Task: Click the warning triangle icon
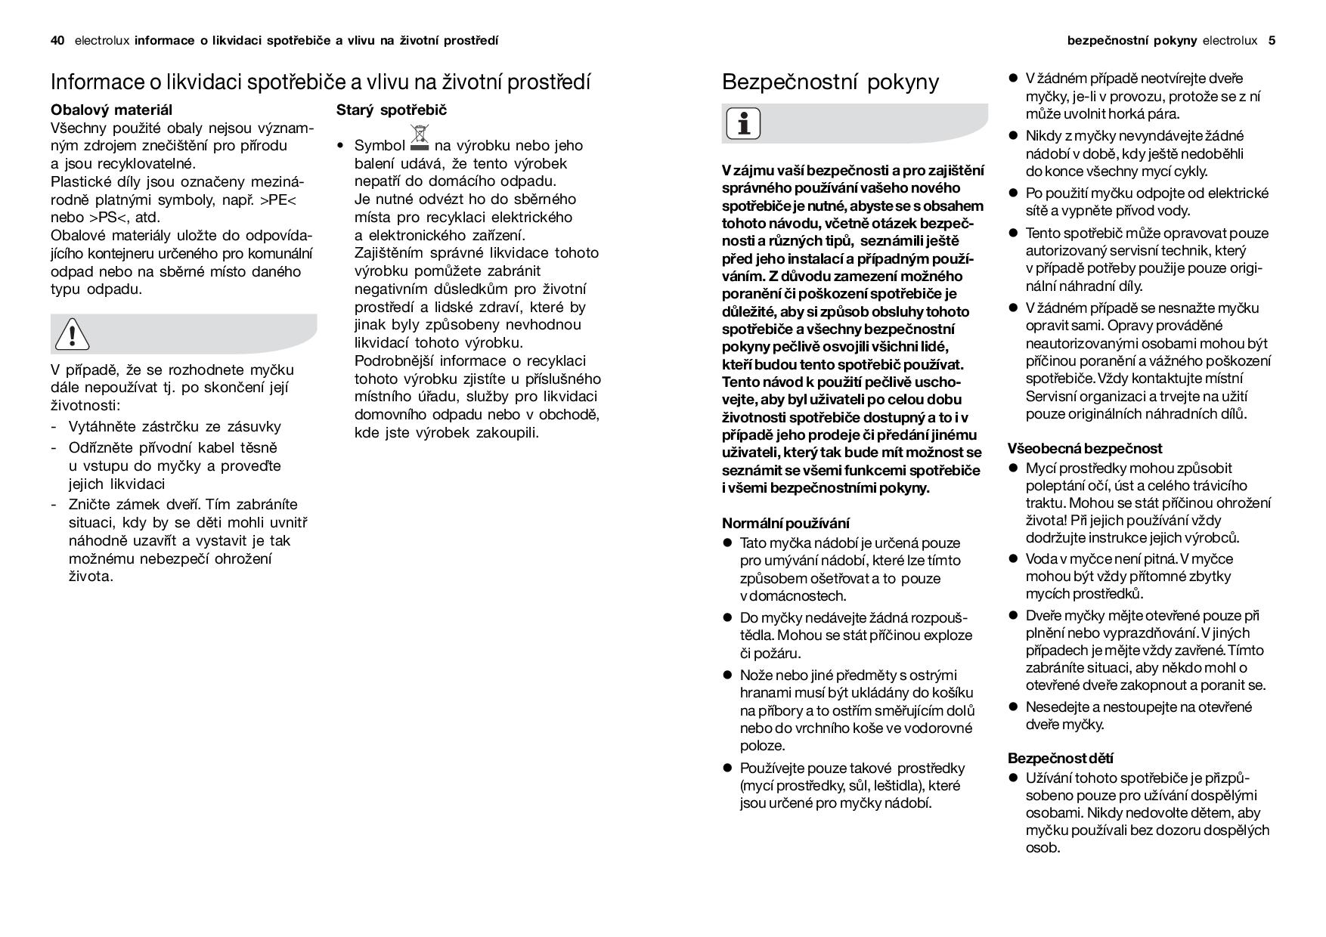pos(72,335)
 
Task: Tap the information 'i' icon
pos(743,124)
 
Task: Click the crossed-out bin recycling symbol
pos(419,138)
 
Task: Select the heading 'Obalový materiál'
pos(111,110)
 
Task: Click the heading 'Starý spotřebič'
pos(392,110)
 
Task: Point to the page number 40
pos(57,41)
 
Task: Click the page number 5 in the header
pos(1272,41)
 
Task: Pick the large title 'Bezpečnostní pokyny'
pos(830,82)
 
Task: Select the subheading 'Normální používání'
pos(785,523)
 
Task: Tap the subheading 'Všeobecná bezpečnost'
pos(1085,448)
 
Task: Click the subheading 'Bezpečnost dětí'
pos(1060,758)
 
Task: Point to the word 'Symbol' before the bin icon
pos(380,146)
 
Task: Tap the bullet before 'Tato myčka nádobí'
pos(728,543)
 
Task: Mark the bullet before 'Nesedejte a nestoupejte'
pos(1014,707)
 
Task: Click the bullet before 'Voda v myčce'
pos(1014,558)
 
